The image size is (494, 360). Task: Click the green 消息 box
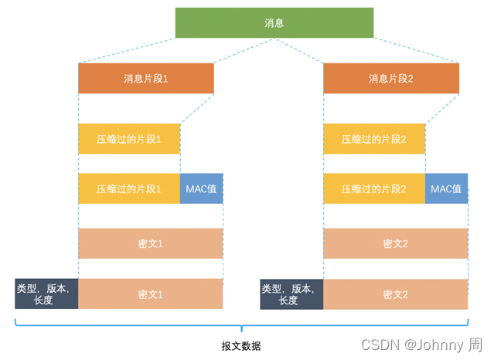274,22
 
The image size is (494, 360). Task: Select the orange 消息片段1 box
145,79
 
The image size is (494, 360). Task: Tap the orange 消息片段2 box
391,79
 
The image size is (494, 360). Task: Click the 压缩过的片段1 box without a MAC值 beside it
129,139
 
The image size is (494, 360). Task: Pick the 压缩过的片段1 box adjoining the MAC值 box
129,188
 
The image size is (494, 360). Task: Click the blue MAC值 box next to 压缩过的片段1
201,188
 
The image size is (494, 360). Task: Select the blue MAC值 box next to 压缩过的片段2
446,188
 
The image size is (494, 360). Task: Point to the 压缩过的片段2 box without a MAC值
374,139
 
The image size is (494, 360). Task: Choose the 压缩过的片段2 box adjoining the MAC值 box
374,188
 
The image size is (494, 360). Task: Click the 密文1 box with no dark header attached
150,243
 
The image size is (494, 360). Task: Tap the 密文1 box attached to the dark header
150,294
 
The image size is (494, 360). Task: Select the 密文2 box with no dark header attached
395,243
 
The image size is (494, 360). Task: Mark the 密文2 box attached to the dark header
395,294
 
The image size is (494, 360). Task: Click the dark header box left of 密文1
46,294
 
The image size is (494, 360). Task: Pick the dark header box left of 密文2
291,294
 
